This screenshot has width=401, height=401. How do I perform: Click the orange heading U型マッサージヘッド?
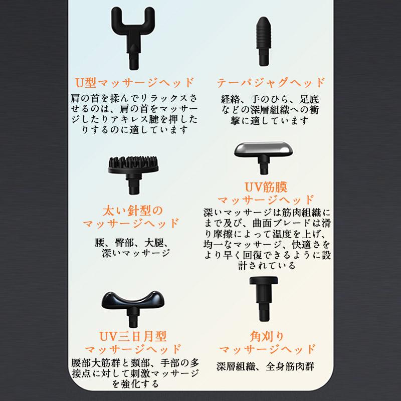133,82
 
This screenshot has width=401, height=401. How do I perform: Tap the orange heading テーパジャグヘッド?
271,82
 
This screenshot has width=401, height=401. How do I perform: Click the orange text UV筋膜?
265,188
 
